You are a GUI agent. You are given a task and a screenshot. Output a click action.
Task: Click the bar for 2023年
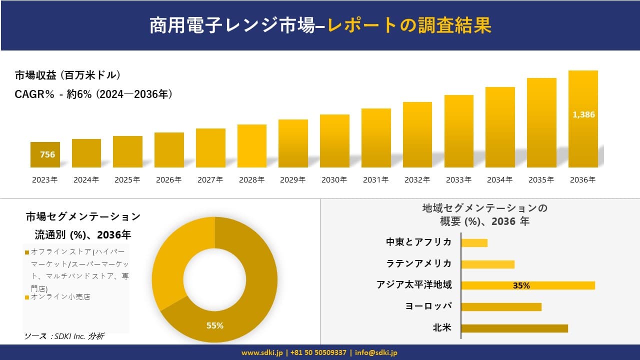(x=45, y=155)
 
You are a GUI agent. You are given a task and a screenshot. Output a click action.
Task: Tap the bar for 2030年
(x=334, y=141)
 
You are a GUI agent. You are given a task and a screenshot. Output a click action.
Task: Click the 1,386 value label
(x=583, y=114)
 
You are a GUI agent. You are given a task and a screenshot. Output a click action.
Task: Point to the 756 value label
(x=47, y=154)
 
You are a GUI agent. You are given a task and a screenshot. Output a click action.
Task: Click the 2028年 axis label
(x=251, y=180)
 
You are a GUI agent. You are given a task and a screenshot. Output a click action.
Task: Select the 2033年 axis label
(x=458, y=180)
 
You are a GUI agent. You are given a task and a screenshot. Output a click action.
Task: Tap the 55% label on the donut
(x=215, y=325)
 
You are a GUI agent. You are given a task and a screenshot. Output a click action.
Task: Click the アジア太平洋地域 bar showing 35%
(x=528, y=285)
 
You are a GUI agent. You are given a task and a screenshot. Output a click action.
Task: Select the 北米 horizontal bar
(x=514, y=328)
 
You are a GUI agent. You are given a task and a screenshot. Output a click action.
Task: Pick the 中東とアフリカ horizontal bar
(x=474, y=243)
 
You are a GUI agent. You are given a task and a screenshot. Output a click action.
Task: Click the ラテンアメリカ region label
(x=419, y=263)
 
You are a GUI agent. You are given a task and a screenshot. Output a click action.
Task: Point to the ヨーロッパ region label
(x=428, y=306)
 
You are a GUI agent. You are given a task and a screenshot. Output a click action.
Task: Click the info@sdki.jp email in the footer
(x=376, y=352)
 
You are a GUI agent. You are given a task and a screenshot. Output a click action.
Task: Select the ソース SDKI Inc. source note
(x=64, y=336)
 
